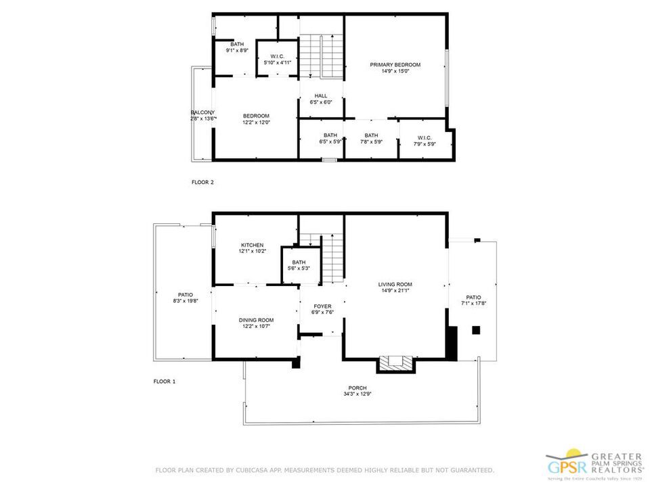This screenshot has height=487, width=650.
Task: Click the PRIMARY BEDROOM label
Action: point(395,65)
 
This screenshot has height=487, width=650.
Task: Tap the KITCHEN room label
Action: point(252,245)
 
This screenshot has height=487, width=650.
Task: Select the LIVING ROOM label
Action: point(395,284)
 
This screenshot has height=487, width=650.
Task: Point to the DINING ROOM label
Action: point(256,320)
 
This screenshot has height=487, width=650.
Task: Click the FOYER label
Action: point(322,306)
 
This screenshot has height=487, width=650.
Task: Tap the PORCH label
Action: point(357,388)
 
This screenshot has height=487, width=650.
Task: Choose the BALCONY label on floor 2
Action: point(202,112)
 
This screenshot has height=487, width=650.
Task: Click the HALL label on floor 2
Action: point(321,95)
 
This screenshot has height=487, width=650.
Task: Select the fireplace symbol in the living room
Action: point(395,364)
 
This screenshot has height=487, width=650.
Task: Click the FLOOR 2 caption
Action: point(202,182)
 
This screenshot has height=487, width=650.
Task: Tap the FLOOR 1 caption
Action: point(164,381)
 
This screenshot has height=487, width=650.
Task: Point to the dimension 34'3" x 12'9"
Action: point(357,394)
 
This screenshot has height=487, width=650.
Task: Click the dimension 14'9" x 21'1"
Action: point(395,291)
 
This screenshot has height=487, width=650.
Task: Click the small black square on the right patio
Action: point(476,330)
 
